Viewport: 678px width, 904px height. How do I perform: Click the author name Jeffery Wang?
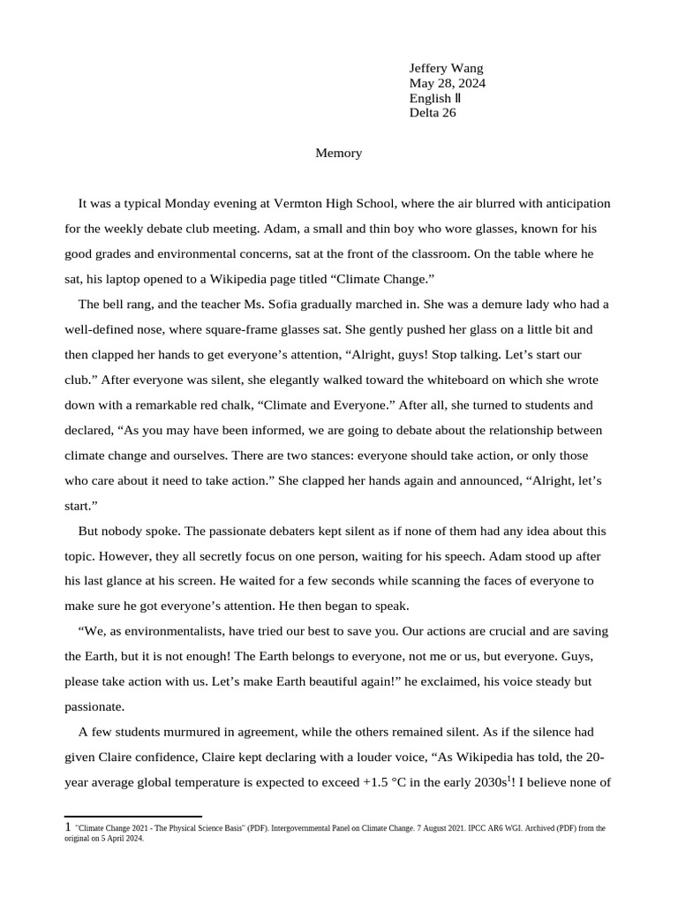tap(446, 68)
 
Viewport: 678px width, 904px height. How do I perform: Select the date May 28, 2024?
tap(447, 83)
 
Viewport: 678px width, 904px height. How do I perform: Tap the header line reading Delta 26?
tap(433, 112)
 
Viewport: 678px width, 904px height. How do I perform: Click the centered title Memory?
tap(339, 153)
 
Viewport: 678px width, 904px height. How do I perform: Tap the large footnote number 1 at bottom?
tap(68, 827)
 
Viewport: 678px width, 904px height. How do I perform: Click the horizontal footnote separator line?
tap(133, 817)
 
